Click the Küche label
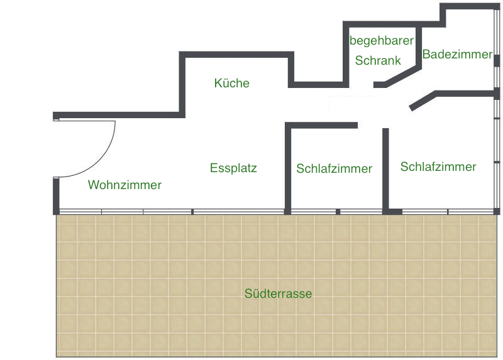[x=231, y=83]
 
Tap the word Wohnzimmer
[x=124, y=185]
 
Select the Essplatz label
[x=233, y=168]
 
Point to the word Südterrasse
[x=278, y=293]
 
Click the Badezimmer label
[x=457, y=54]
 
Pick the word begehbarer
[x=382, y=41]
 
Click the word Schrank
[x=378, y=60]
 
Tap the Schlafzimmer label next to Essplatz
[x=334, y=168]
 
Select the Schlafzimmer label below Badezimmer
[x=438, y=166]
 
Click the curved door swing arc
[x=99, y=161]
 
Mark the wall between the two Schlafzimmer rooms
[x=385, y=170]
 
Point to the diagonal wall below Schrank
[x=397, y=77]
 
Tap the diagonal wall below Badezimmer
[x=423, y=101]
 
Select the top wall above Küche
[x=236, y=55]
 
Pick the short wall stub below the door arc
[x=56, y=196]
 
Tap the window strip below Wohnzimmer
[x=126, y=212]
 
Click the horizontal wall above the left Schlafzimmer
[x=321, y=126]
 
